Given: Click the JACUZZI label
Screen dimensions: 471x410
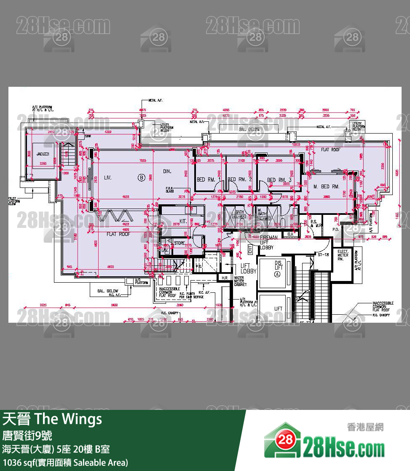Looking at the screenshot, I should [x=43, y=154].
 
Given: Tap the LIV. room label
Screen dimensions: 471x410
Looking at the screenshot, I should [x=108, y=178].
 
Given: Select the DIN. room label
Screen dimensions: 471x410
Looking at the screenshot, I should [x=168, y=171].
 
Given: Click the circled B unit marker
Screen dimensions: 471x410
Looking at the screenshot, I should [x=141, y=178].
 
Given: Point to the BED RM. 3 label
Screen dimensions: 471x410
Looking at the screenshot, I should [x=279, y=180].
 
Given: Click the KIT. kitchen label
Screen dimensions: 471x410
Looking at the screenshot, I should [x=183, y=221].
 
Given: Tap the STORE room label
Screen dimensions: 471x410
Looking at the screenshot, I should [x=179, y=243].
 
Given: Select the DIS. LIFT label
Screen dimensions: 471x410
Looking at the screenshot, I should [x=278, y=265].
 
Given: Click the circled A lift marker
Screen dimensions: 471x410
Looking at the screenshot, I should [x=277, y=274].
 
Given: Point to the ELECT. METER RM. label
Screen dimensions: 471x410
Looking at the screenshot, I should [x=343, y=255].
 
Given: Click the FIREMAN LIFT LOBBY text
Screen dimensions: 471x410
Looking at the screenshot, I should [x=269, y=242].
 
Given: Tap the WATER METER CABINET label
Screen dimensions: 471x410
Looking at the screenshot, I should [x=239, y=281].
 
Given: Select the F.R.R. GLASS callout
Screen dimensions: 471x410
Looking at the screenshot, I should [x=170, y=190].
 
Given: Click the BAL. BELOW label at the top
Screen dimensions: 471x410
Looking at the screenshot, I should [x=249, y=130].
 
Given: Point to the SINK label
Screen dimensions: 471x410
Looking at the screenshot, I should [x=88, y=136].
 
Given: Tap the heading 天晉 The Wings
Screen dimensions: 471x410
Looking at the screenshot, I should [x=53, y=419].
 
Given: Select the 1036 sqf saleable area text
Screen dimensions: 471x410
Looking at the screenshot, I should [x=65, y=463].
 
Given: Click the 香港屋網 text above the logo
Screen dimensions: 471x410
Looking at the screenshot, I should [x=365, y=427].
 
